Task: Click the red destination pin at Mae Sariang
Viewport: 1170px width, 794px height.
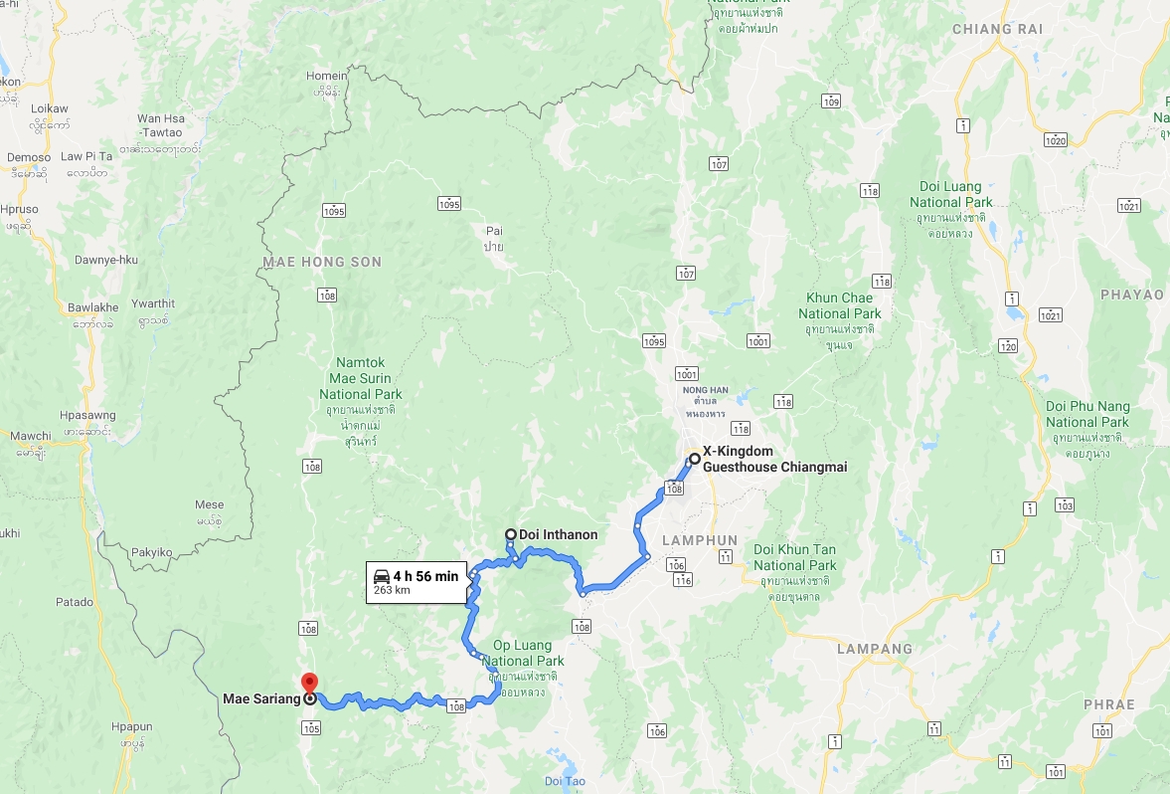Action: pyautogui.click(x=308, y=683)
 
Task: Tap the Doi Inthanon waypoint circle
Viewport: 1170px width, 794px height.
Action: pyautogui.click(x=510, y=534)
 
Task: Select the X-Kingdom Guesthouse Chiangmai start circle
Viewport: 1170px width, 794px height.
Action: pyautogui.click(x=694, y=459)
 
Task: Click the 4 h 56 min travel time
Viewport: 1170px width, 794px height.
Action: pyautogui.click(x=425, y=576)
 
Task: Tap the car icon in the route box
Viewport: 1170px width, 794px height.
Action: pyautogui.click(x=381, y=576)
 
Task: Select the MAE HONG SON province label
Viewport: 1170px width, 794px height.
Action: pyautogui.click(x=322, y=262)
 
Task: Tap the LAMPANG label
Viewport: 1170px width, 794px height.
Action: pyautogui.click(x=875, y=649)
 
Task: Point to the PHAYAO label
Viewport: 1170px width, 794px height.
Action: pyautogui.click(x=1132, y=295)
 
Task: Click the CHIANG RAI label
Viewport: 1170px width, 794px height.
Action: pyautogui.click(x=997, y=29)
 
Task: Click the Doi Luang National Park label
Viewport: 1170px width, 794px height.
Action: pyautogui.click(x=951, y=194)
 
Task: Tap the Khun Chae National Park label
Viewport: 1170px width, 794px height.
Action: pyautogui.click(x=840, y=305)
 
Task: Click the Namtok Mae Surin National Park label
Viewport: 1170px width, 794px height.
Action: pyautogui.click(x=361, y=379)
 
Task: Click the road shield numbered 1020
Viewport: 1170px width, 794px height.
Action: pyautogui.click(x=1055, y=140)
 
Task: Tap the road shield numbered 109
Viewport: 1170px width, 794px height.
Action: pyautogui.click(x=831, y=101)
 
